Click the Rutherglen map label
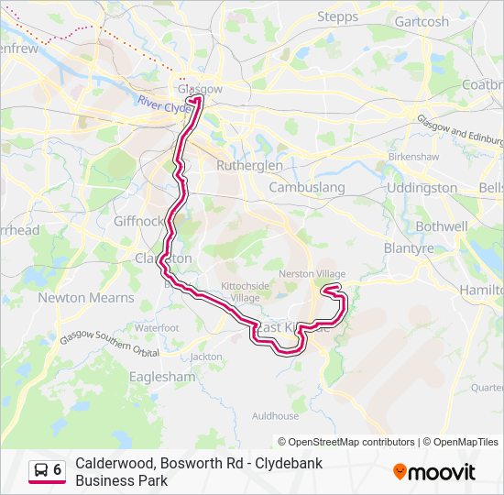249,166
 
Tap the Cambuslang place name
307,188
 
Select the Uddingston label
422,188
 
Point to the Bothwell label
442,226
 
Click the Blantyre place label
409,247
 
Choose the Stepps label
337,16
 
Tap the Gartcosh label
422,22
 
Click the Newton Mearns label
86,298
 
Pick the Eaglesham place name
162,377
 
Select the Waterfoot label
157,327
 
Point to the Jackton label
206,357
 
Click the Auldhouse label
276,415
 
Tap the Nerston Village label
312,274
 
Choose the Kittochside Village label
245,291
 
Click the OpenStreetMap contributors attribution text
346,442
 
